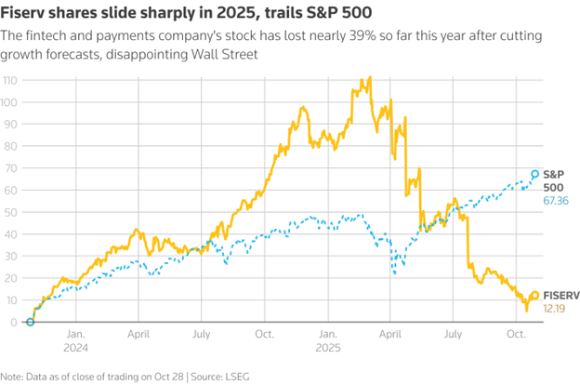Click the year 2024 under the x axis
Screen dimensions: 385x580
pos(76,349)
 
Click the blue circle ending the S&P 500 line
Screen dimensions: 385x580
pos(534,174)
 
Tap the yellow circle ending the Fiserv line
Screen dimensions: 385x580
pos(534,296)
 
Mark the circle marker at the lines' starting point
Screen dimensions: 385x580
pos(31,322)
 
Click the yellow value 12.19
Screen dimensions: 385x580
pos(555,308)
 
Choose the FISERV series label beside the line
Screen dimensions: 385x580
pos(560,295)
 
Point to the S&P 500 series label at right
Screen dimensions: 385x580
pos(555,179)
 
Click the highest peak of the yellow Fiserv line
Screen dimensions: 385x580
pos(370,78)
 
